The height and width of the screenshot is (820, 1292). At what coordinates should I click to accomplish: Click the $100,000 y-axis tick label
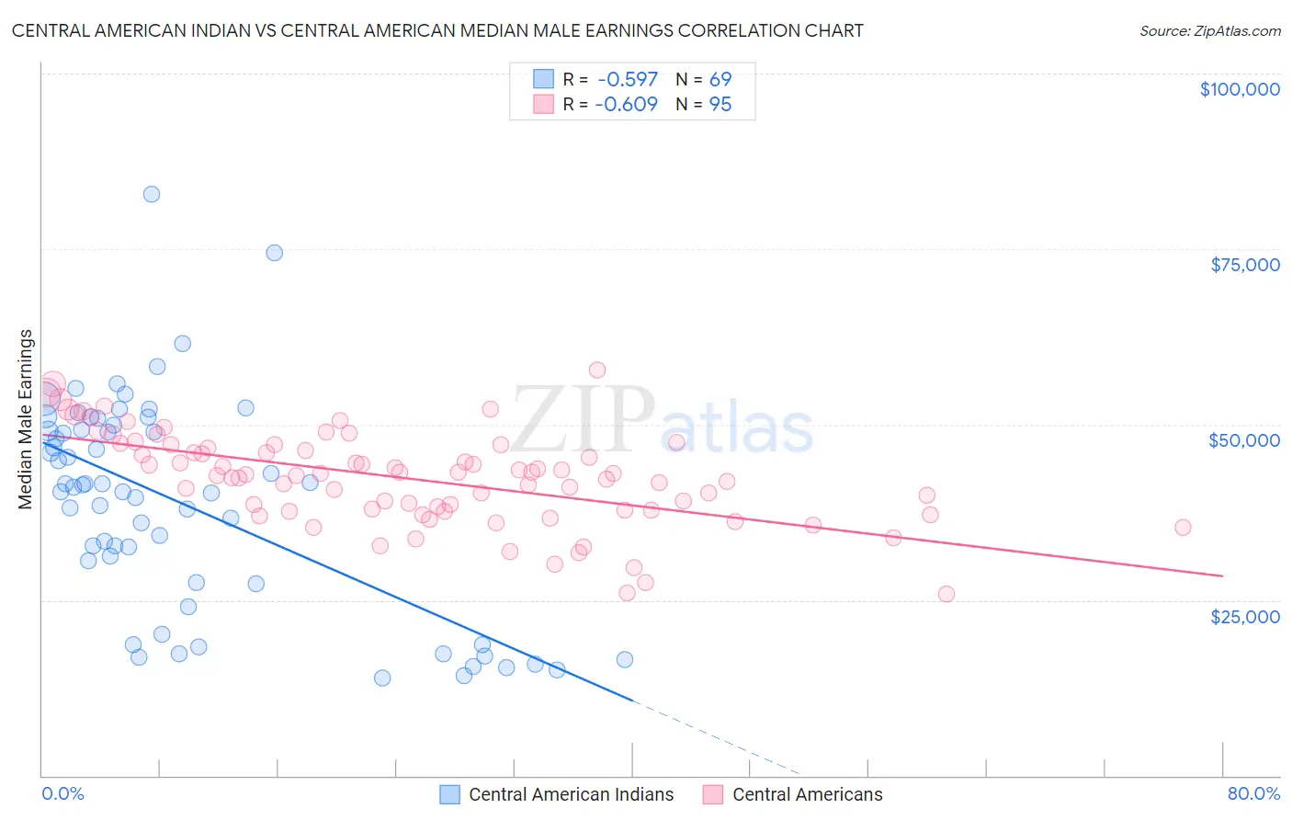point(1239,89)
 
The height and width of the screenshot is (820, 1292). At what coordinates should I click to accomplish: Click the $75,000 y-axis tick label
point(1244,265)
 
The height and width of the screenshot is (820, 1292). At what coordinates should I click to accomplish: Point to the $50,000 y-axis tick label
point(1243,440)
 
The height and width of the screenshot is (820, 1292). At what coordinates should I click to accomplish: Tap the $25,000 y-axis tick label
point(1244,616)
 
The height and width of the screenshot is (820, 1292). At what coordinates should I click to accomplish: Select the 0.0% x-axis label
point(62,793)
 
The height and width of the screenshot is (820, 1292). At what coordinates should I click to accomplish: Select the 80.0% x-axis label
point(1253,793)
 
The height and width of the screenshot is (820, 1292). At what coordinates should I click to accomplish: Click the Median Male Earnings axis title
point(26,418)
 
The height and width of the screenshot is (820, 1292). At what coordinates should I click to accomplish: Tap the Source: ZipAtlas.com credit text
point(1209,30)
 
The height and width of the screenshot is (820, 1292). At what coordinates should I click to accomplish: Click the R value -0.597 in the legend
point(627,79)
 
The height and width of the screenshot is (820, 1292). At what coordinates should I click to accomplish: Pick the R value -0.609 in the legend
point(627,104)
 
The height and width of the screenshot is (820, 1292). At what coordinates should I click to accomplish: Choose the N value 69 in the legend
point(720,79)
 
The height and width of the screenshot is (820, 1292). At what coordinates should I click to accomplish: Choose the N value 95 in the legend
point(720,104)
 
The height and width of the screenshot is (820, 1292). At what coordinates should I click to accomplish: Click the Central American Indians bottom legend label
point(571,794)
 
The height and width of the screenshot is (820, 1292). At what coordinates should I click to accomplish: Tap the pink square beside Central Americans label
point(713,794)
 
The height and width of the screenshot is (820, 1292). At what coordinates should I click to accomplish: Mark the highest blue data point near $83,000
point(152,194)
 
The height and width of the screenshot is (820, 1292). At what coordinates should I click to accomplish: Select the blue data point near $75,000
point(274,253)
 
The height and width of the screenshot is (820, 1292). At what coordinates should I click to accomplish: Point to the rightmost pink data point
point(1183,528)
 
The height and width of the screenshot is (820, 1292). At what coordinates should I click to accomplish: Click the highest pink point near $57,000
point(597,370)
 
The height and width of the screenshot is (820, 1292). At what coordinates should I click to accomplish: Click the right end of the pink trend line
point(1222,575)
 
